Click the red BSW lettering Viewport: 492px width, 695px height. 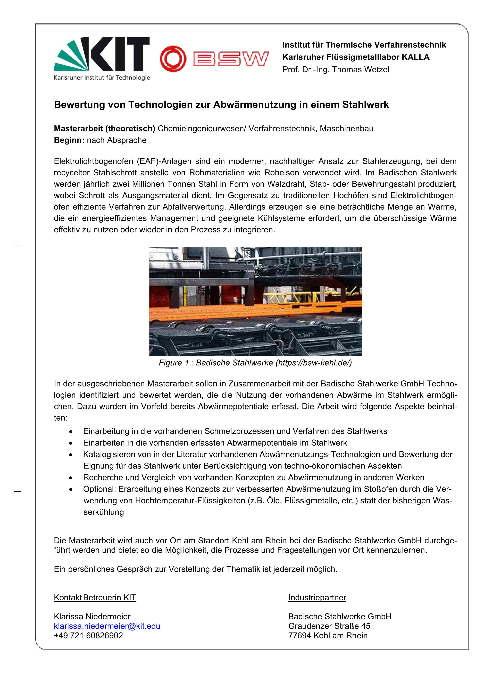pyautogui.click(x=231, y=59)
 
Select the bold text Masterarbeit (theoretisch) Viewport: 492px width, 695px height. pyautogui.click(x=104, y=129)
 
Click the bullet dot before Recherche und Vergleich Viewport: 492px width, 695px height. pyautogui.click(x=71, y=478)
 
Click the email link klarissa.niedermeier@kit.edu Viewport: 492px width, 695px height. pyautogui.click(x=107, y=626)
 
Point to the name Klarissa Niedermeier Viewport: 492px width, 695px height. pyautogui.click(x=92, y=617)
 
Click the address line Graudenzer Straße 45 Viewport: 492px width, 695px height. pyautogui.click(x=329, y=626)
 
